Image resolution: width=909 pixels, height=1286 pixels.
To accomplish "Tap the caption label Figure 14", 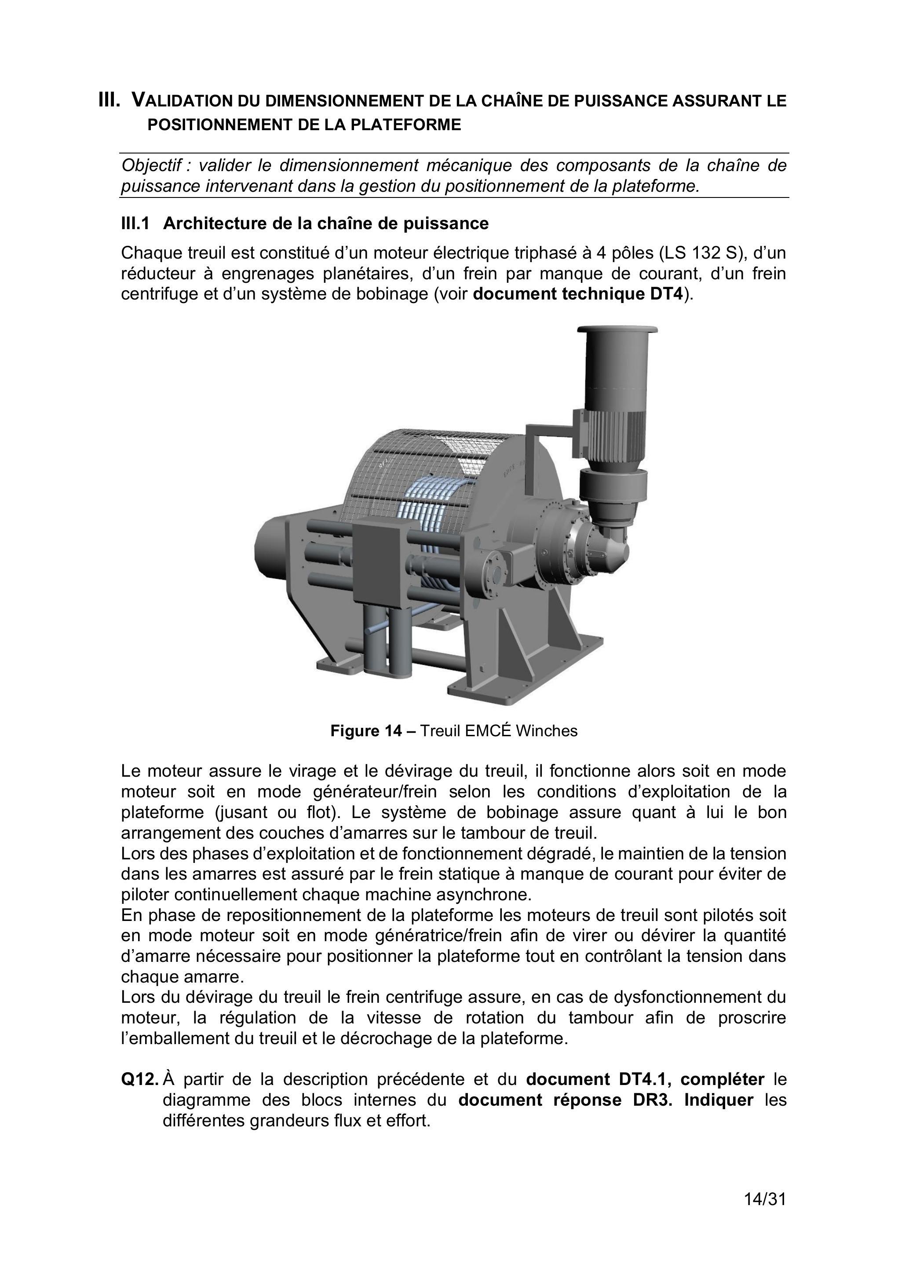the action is pyautogui.click(x=366, y=731).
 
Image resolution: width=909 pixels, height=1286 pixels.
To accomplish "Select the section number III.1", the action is pyautogui.click(x=135, y=223).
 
